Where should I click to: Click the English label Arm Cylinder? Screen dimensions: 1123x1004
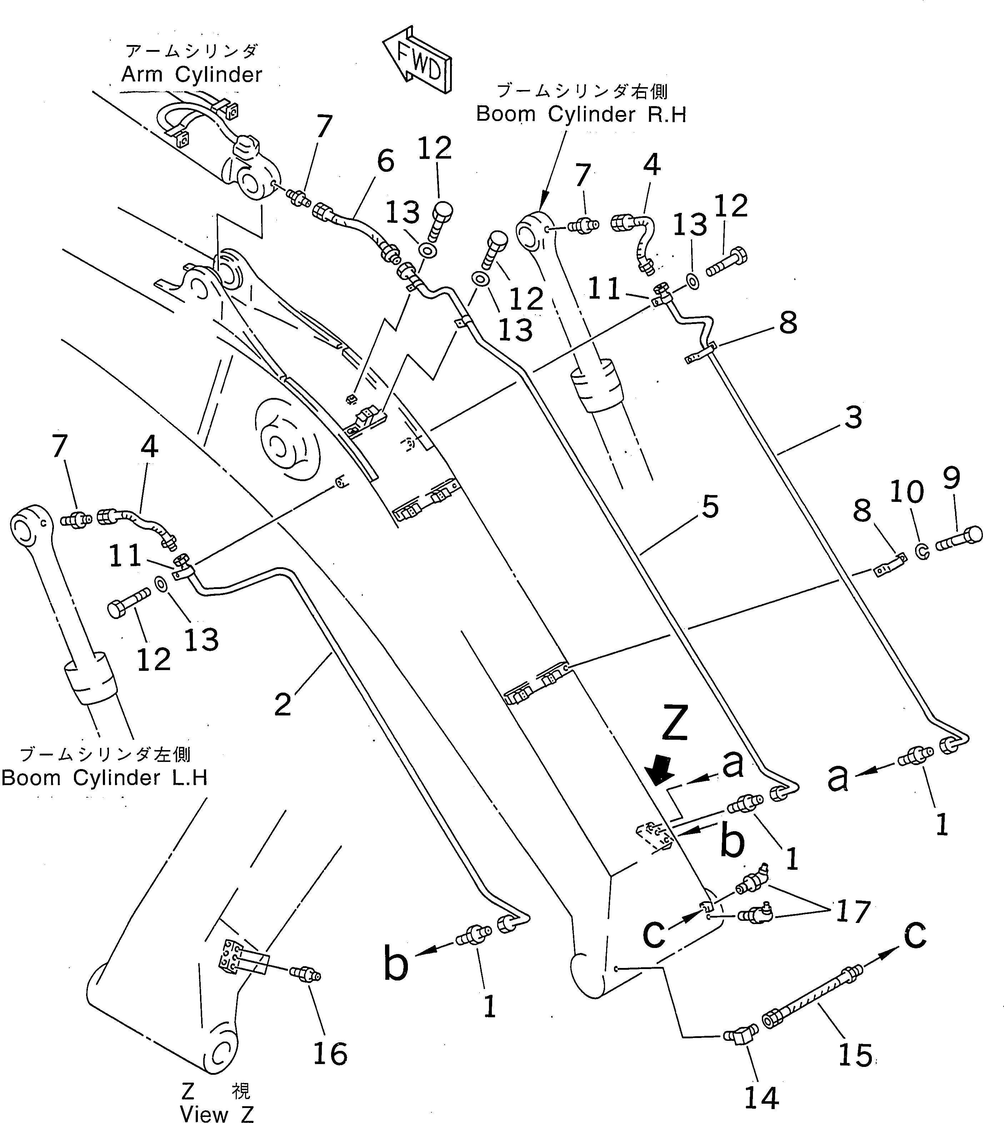click(x=191, y=74)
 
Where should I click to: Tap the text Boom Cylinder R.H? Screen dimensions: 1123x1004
click(x=581, y=114)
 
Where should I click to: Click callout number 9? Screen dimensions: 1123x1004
click(x=951, y=478)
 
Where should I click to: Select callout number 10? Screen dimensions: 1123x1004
click(x=906, y=491)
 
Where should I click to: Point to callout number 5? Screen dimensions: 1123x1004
click(x=710, y=506)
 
